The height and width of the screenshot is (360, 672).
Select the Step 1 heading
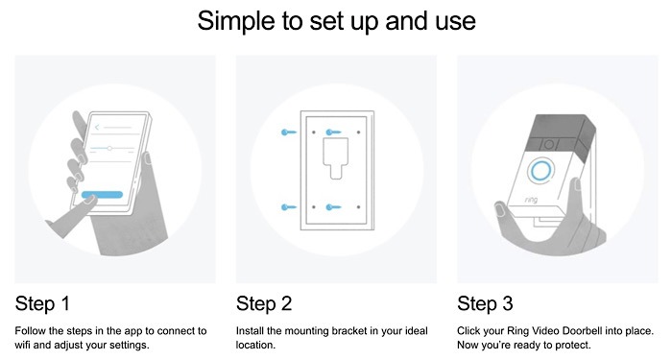[43, 304]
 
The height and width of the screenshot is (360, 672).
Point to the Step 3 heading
[486, 304]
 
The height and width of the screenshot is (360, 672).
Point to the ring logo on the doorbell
[529, 203]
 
